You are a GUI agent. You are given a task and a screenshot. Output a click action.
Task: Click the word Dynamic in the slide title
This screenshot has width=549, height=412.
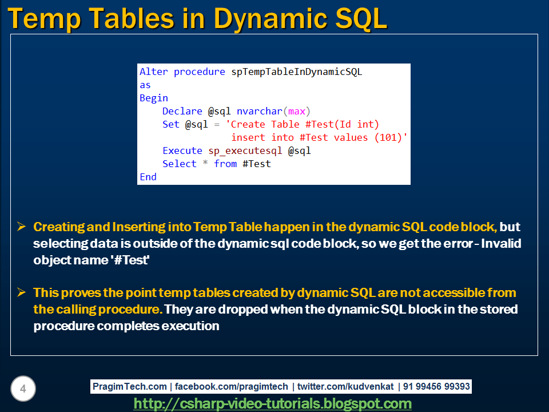(271, 19)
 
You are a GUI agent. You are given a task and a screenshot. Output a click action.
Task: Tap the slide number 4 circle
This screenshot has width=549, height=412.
(23, 389)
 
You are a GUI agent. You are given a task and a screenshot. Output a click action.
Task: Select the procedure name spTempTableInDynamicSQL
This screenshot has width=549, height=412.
(297, 72)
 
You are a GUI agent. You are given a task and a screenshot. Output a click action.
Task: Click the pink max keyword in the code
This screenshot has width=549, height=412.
(297, 112)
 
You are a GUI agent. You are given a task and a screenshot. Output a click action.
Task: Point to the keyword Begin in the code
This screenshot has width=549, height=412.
(154, 98)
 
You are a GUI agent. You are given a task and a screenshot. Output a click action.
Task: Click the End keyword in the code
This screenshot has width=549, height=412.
(148, 177)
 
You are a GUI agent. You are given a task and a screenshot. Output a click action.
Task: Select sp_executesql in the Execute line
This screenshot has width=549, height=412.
(245, 151)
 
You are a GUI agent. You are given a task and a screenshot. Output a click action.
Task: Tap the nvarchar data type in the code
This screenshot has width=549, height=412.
(260, 112)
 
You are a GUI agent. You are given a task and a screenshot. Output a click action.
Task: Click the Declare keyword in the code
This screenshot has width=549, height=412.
(182, 112)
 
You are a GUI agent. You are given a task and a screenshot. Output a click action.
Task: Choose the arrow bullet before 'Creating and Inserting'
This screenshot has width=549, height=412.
(21, 227)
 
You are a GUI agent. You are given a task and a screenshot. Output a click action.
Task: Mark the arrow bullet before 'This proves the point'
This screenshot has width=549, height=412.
(21, 292)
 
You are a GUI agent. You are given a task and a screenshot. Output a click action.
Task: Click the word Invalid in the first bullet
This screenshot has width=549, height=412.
(501, 244)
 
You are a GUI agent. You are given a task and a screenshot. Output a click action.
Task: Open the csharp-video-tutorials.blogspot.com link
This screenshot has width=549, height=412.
(272, 403)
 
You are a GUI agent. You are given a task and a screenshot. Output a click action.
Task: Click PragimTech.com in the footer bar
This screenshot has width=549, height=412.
(130, 386)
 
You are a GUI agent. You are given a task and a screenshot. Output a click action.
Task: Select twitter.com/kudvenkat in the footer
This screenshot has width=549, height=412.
(345, 386)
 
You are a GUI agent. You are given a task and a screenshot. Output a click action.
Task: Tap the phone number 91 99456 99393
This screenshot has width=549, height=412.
(436, 386)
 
